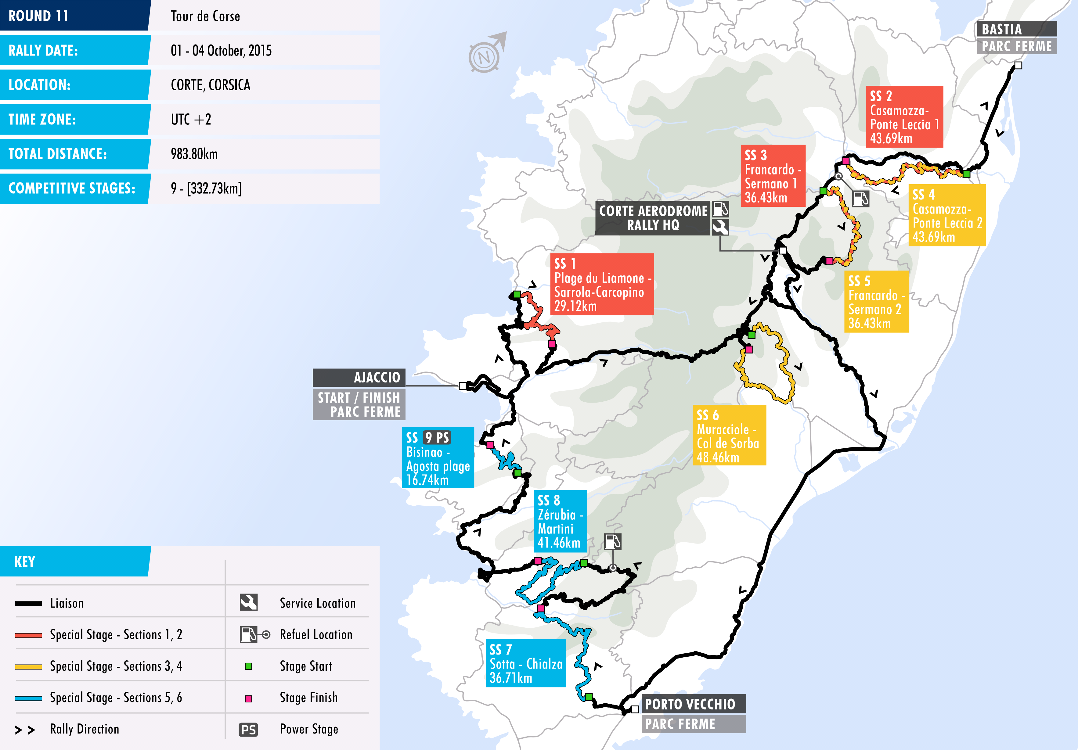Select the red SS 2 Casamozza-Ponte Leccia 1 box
click(904, 117)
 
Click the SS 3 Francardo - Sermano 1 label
click(772, 176)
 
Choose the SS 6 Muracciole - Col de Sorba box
click(729, 435)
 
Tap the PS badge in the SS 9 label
click(437, 437)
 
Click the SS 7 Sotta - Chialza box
click(525, 663)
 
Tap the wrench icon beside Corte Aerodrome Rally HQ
click(720, 227)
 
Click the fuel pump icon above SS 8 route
click(613, 542)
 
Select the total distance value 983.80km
click(194, 154)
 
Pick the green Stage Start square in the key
click(248, 666)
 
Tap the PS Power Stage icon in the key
click(248, 729)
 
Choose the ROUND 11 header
click(38, 16)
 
